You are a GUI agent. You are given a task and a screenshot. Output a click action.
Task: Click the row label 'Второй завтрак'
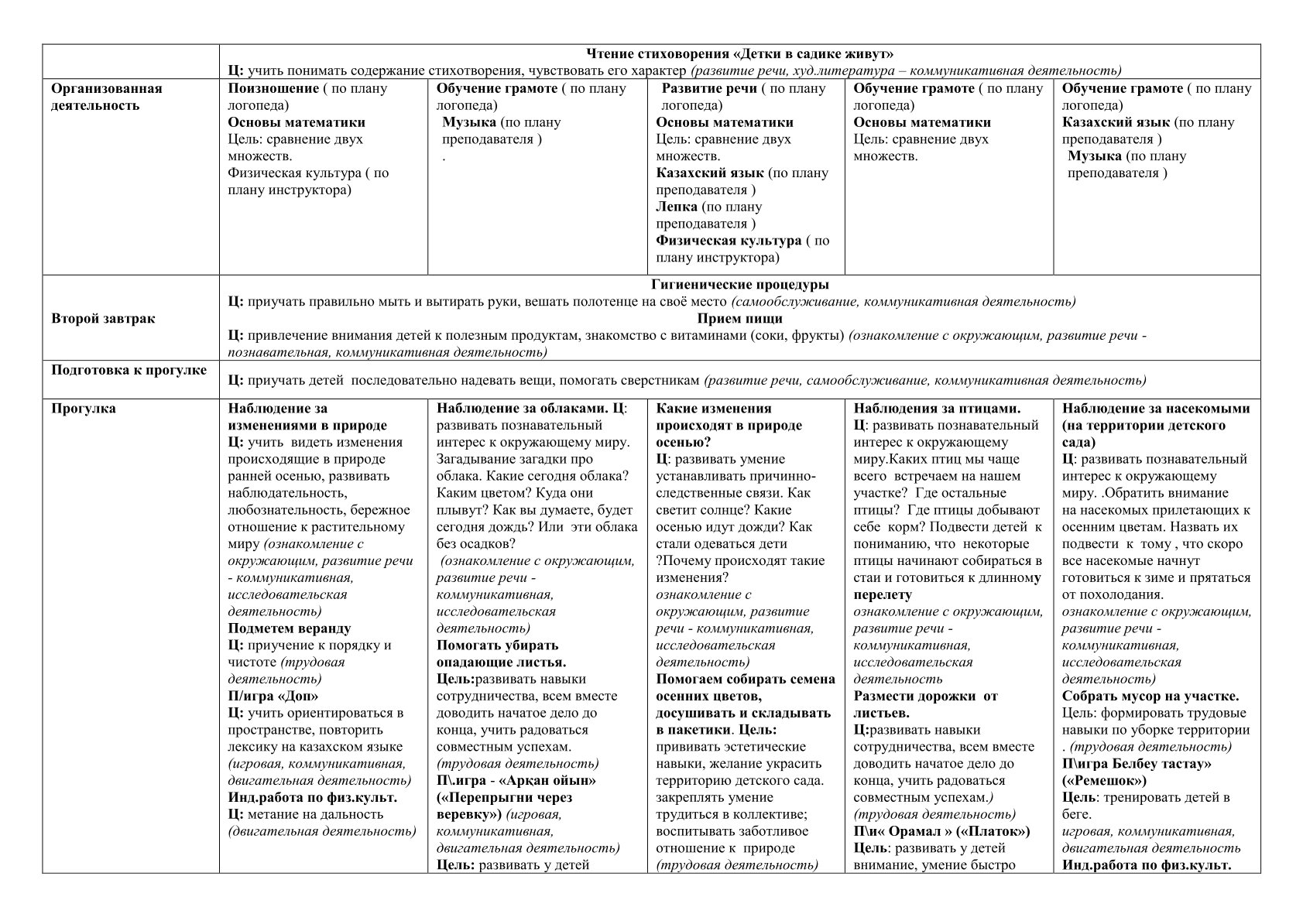click(103, 319)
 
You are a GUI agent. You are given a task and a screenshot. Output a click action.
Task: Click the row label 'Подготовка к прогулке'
click(129, 370)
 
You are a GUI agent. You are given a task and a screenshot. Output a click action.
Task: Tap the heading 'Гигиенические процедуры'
click(739, 285)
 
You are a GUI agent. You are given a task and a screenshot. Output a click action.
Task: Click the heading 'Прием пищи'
click(739, 319)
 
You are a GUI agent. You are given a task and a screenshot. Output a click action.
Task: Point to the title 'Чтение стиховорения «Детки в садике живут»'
click(739, 54)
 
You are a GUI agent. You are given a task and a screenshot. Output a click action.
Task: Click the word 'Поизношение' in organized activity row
click(273, 88)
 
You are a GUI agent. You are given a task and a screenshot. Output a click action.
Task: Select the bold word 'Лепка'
click(677, 207)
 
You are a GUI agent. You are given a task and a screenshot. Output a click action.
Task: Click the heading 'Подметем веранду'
click(289, 628)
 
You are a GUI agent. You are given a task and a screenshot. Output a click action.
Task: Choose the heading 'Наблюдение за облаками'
click(523, 409)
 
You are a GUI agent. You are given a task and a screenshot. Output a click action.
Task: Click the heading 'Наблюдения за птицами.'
click(937, 409)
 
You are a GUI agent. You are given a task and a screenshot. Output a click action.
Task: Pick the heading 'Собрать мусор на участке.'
click(1150, 697)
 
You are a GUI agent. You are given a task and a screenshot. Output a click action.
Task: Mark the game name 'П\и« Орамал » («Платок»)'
click(941, 832)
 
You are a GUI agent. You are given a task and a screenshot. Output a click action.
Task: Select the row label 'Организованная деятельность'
click(106, 97)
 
